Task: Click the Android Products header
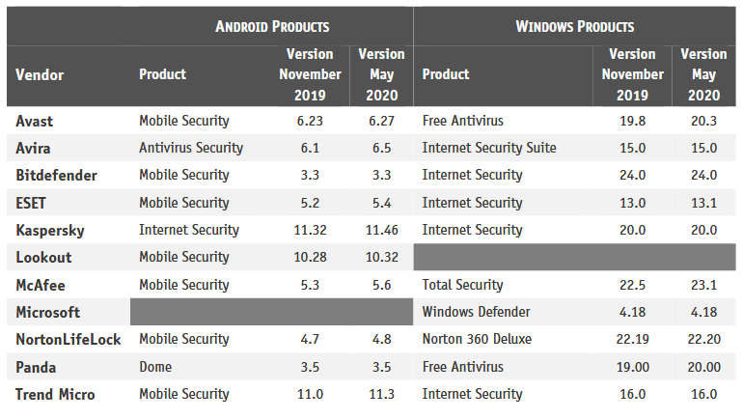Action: point(272,26)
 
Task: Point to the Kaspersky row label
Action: point(50,230)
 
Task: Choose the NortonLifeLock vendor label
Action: point(69,339)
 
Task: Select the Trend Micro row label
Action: point(55,394)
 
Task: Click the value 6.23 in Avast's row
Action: point(310,121)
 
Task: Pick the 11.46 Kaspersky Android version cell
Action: point(380,230)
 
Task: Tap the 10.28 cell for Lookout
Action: point(310,257)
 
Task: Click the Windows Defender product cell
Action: point(477,312)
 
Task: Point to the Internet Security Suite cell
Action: point(489,148)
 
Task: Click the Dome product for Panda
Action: point(155,367)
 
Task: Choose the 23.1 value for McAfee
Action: point(703,285)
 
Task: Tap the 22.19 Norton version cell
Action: point(633,339)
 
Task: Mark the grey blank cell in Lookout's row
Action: point(575,257)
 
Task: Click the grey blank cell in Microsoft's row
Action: point(271,312)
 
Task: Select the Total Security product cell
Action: point(463,285)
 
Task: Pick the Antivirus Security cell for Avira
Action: point(191,148)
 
